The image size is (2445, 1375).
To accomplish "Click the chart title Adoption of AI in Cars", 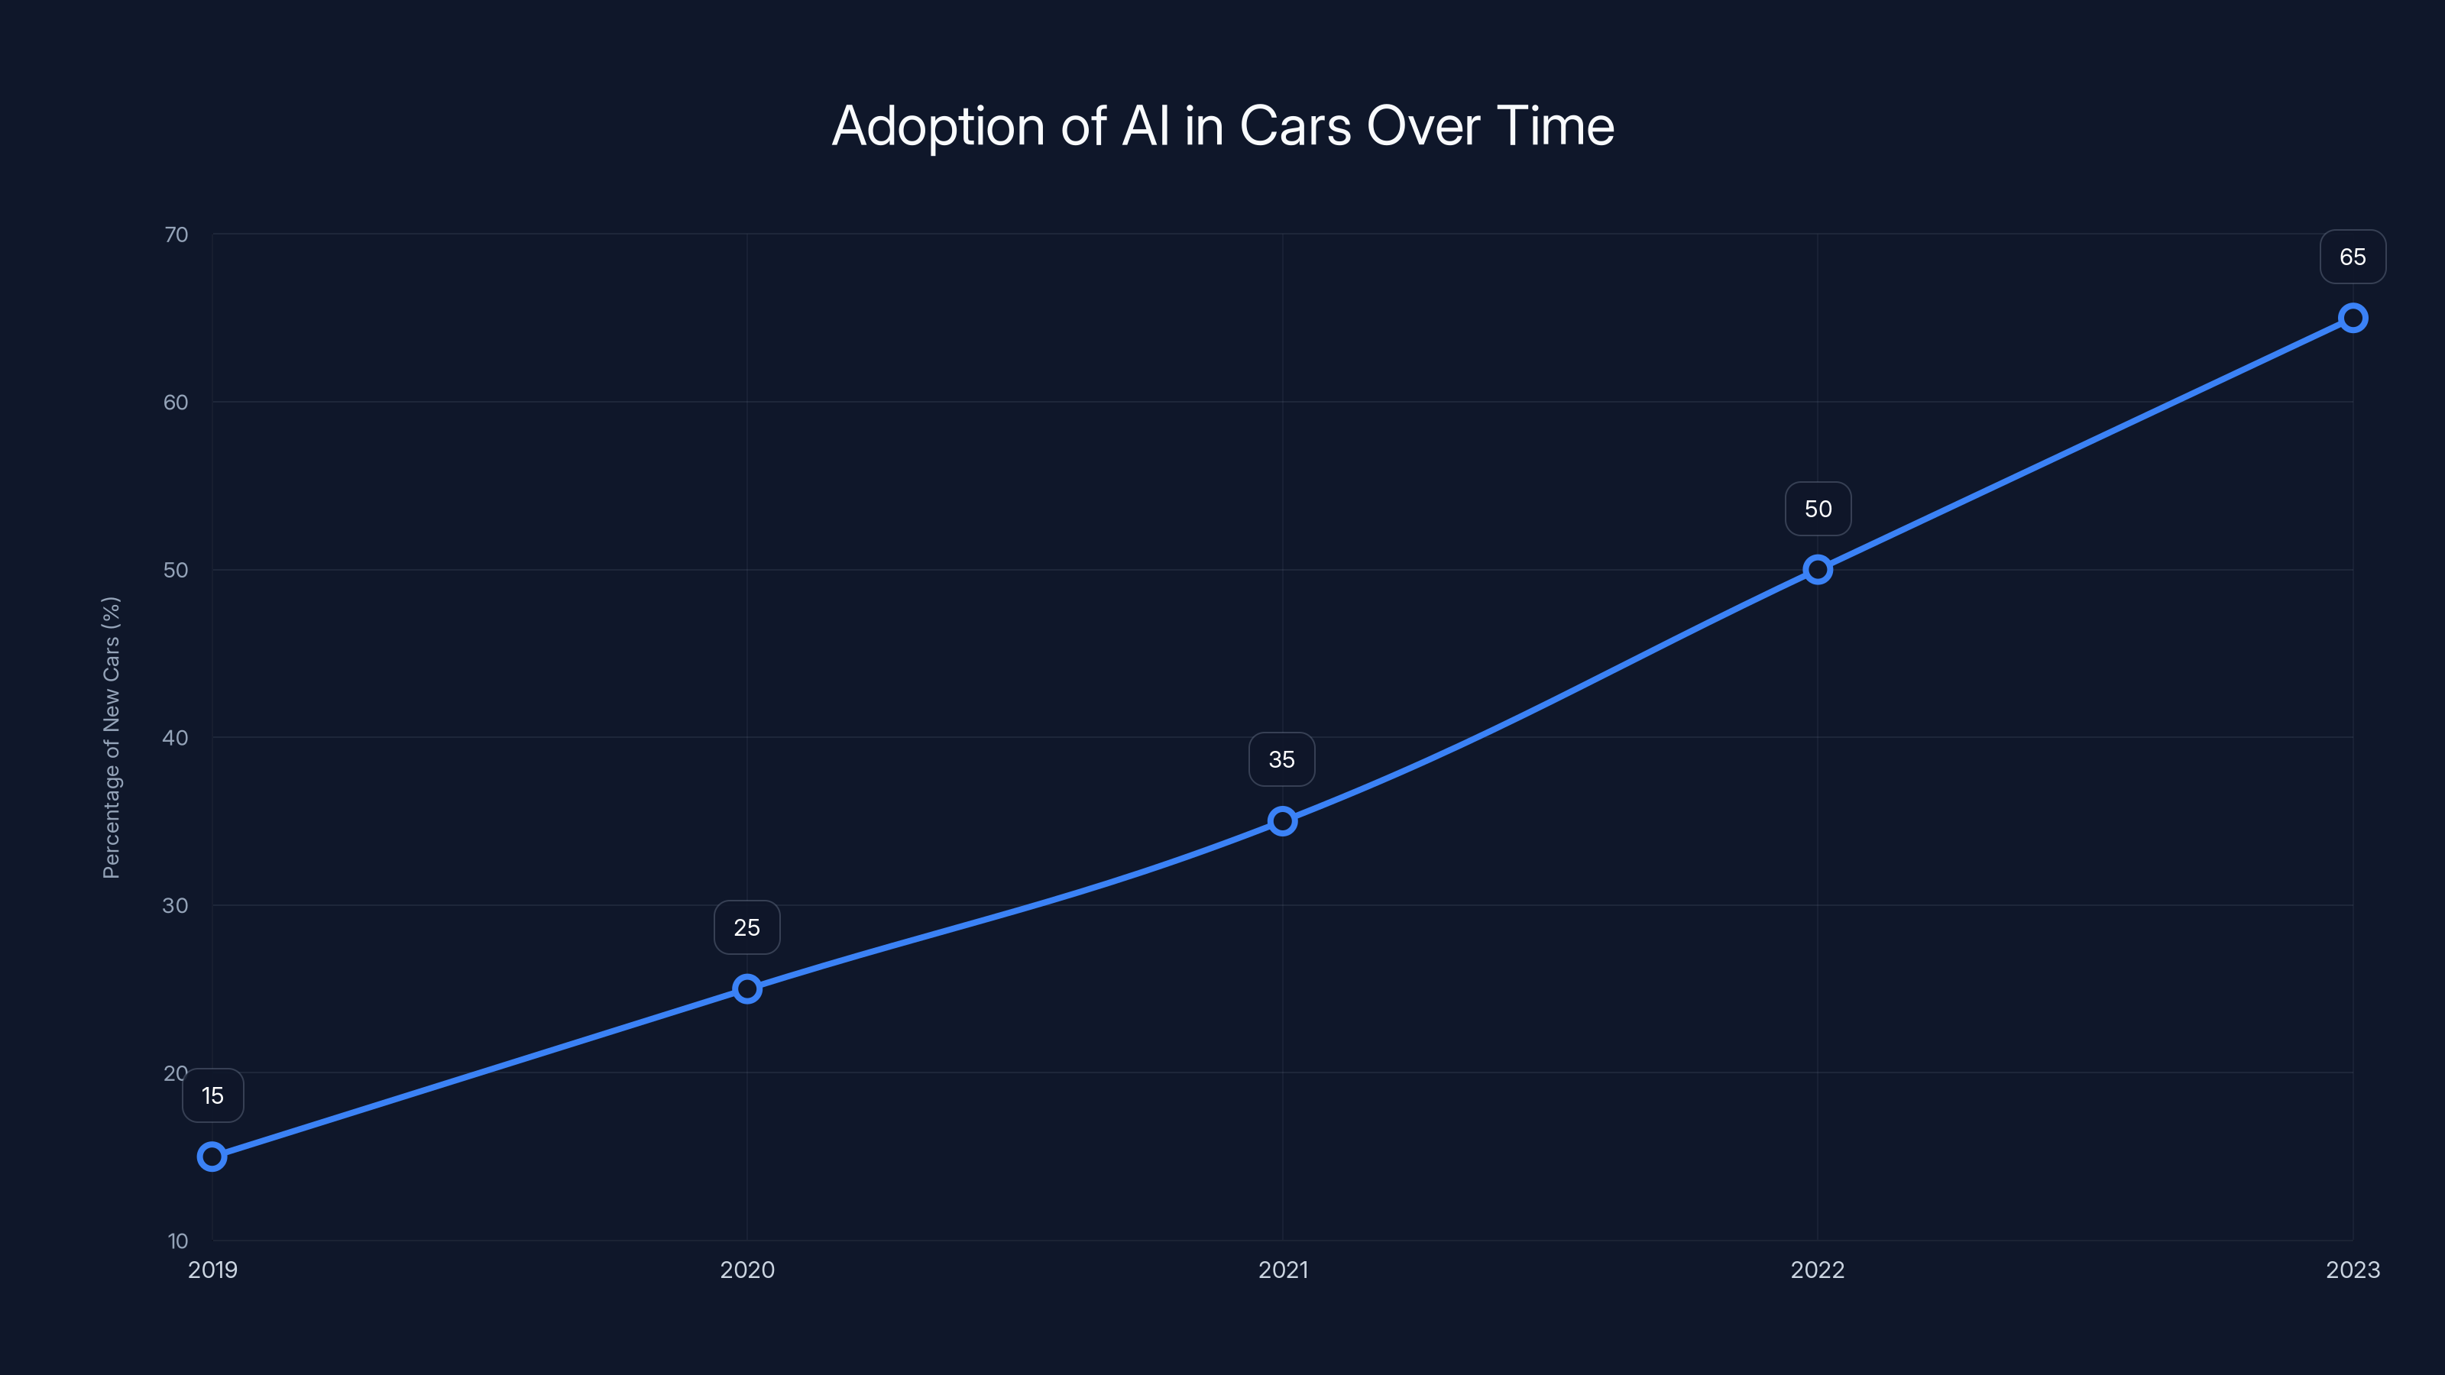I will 1222,126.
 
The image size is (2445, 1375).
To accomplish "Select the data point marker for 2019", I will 212,1156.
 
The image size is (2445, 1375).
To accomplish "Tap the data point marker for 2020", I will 747,988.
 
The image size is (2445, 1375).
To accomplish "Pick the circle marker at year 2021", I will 1282,821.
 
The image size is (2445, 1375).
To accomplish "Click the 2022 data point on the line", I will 1818,569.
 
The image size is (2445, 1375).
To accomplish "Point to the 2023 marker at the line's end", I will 2353,318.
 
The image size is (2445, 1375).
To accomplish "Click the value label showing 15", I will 212,1096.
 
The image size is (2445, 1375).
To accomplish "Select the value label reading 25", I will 747,927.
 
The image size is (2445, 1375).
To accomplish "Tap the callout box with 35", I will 1282,759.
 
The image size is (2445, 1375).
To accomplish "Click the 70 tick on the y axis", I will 176,235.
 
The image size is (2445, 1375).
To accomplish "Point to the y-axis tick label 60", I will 176,403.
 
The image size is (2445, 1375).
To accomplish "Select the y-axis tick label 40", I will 176,737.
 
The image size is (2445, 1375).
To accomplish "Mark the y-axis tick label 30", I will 176,905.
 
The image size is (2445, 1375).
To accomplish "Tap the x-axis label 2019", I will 212,1270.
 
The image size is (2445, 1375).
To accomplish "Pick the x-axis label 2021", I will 1282,1270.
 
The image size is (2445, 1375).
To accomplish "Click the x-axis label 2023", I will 2353,1270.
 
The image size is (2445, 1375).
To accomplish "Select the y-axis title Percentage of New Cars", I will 111,737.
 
